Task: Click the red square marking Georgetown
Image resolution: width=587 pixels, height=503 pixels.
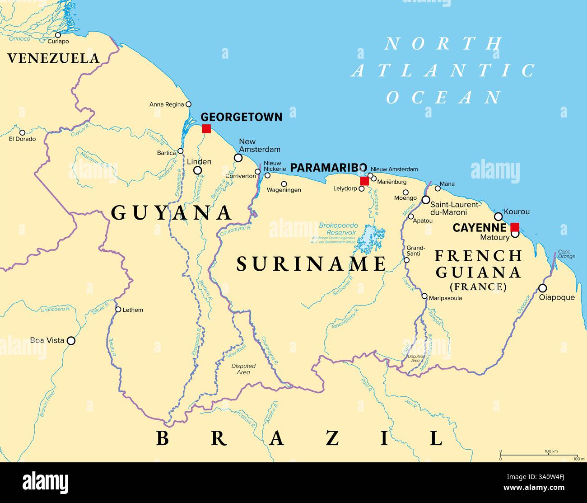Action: pos(206,128)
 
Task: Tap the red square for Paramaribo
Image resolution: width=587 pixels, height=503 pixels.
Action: pos(364,181)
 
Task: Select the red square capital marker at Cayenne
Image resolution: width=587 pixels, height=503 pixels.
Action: pos(515,227)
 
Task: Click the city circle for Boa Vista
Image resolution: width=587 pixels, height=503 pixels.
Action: pos(71,341)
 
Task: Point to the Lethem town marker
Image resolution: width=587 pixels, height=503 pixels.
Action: pos(118,310)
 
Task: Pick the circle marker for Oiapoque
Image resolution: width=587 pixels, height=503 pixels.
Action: pos(543,288)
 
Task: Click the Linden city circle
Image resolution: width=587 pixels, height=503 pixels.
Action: pos(197,170)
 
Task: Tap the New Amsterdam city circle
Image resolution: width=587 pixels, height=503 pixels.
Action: pos(238,158)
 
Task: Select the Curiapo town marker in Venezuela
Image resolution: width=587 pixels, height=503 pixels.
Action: pos(58,35)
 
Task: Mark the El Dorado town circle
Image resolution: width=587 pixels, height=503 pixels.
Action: pos(22,132)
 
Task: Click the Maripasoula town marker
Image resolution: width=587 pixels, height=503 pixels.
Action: pos(424,296)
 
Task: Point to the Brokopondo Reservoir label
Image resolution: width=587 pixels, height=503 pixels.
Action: pos(338,229)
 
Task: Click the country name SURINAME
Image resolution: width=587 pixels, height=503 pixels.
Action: pos(312,264)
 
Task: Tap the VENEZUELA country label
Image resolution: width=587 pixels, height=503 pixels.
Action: pos(53,58)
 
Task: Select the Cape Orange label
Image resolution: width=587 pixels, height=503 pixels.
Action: pos(566,254)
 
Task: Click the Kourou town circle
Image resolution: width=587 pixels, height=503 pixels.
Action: pos(498,216)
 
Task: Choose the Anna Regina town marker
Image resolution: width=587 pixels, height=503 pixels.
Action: pos(188,104)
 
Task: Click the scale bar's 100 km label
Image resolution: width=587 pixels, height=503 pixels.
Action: pos(551,451)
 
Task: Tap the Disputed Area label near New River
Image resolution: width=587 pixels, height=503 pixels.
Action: pos(243,369)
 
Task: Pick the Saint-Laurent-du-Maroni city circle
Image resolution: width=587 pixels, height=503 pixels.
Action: pos(426,200)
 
